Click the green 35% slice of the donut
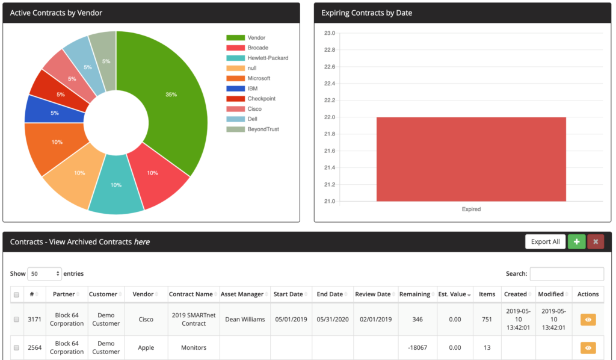(x=171, y=95)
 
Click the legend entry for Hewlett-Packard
(x=268, y=58)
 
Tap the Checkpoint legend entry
(x=261, y=99)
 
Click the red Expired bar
(x=471, y=159)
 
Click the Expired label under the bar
(x=471, y=209)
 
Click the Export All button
(x=545, y=241)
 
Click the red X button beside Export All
(x=596, y=241)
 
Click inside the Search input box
(x=567, y=274)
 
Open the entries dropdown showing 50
(x=45, y=274)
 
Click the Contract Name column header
(x=191, y=294)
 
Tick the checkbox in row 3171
(x=16, y=319)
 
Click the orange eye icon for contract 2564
(x=588, y=347)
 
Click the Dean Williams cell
(x=245, y=319)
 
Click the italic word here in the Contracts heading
(x=142, y=242)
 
